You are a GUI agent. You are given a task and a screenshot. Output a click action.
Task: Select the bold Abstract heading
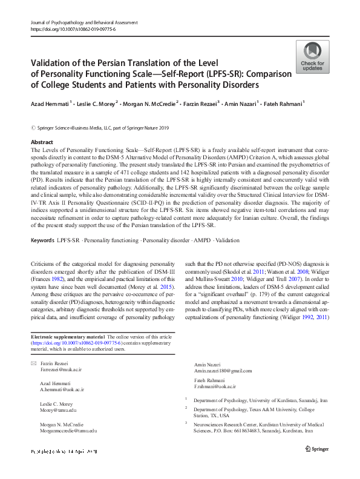pos(42,142)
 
